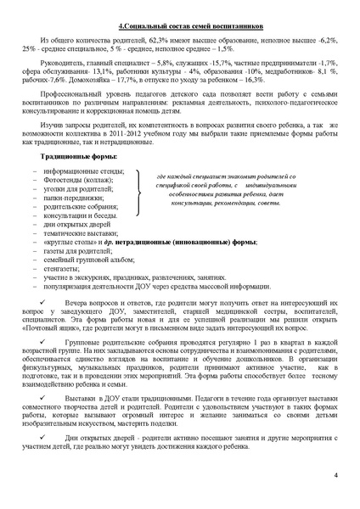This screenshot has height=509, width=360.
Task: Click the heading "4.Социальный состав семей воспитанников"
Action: (179, 26)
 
